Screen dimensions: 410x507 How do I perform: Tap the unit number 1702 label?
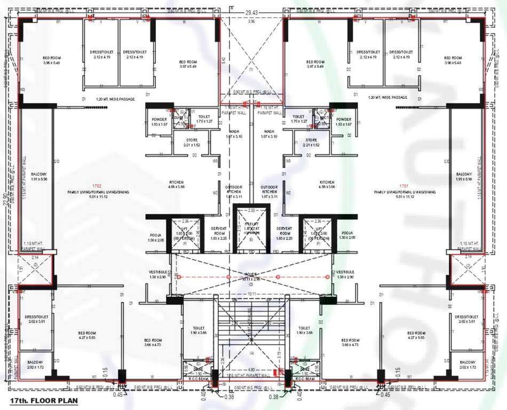(97, 186)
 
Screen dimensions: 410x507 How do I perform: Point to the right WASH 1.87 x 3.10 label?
(269, 134)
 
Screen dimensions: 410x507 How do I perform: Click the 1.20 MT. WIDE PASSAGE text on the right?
(388, 98)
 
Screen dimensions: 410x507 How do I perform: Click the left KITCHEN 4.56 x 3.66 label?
(176, 184)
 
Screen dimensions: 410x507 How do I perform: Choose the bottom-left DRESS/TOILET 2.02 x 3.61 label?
(37, 319)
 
